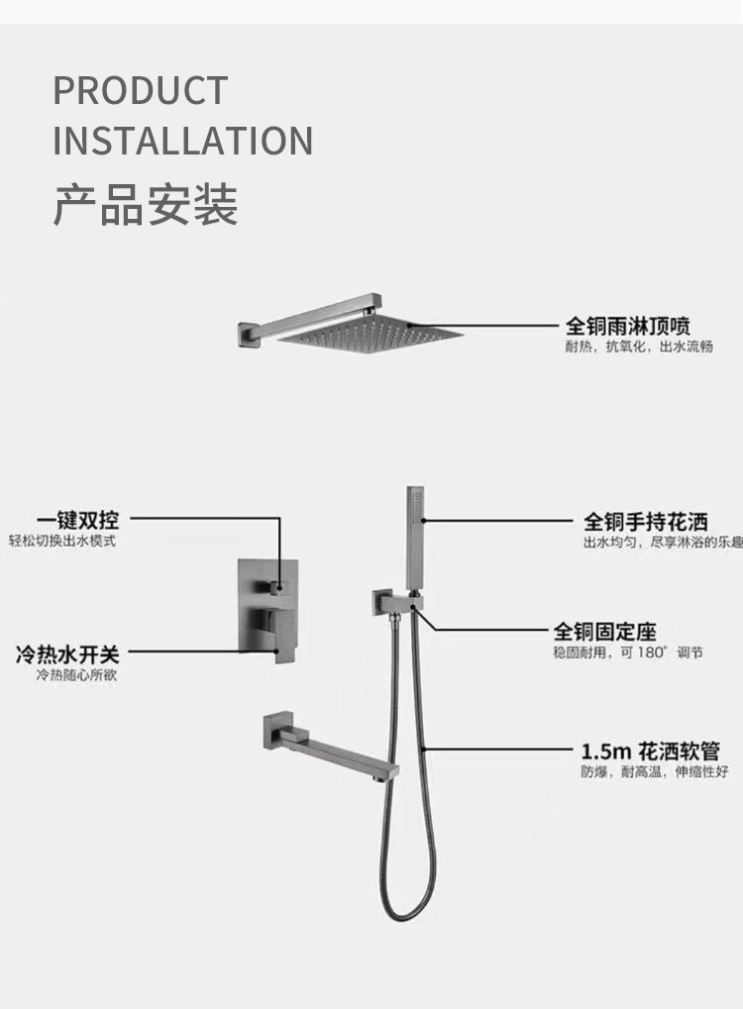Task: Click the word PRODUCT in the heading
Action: pos(140,91)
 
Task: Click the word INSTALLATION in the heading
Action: pos(182,141)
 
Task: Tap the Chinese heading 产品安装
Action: pos(145,205)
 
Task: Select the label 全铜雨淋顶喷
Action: pos(627,325)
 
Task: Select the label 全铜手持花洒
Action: pos(645,521)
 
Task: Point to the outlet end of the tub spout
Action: pos(389,769)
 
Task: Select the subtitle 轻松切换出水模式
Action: pos(62,542)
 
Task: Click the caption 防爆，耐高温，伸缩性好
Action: pos(654,772)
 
